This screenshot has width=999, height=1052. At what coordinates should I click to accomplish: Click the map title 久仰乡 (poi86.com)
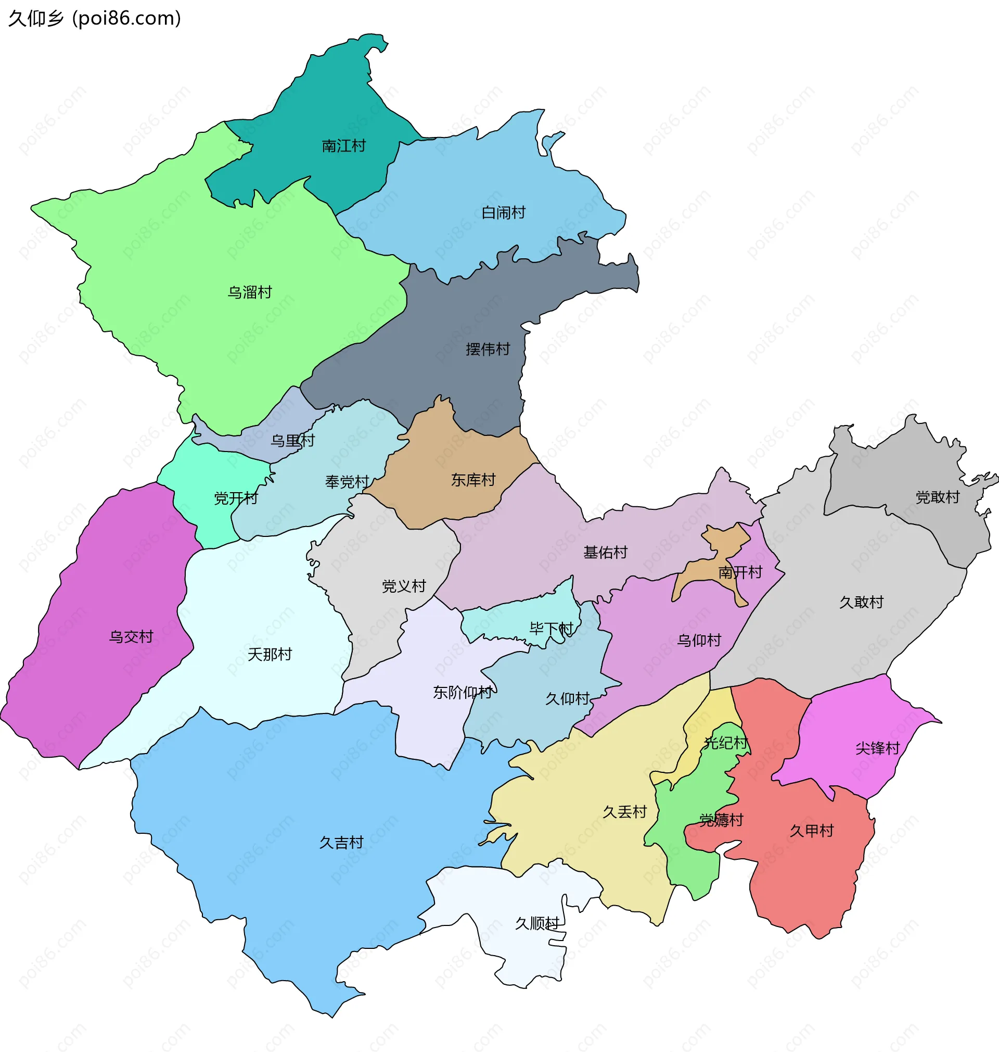95,19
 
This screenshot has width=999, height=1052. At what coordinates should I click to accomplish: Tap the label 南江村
343,146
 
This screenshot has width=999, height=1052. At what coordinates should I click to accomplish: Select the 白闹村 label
503,212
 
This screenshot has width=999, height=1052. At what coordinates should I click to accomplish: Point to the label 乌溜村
250,292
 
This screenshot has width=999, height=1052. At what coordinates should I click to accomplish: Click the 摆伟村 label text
488,349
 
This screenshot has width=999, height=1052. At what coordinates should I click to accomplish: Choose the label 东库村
473,480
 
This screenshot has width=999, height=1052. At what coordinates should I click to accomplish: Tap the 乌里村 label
292,440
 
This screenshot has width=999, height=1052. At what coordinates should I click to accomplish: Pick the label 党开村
236,498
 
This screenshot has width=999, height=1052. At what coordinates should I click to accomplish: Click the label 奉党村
347,482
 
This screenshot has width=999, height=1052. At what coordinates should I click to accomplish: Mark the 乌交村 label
131,636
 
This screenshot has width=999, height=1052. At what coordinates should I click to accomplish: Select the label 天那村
270,654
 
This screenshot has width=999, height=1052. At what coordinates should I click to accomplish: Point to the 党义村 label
404,586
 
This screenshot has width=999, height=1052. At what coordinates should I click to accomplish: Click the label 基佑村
606,552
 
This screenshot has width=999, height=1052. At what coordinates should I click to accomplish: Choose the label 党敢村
938,497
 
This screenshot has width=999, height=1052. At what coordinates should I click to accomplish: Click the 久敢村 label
862,602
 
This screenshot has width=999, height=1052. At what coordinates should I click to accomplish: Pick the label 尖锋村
878,748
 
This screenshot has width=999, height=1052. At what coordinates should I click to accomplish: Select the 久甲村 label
812,830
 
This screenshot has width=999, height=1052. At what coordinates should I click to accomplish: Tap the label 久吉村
341,843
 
